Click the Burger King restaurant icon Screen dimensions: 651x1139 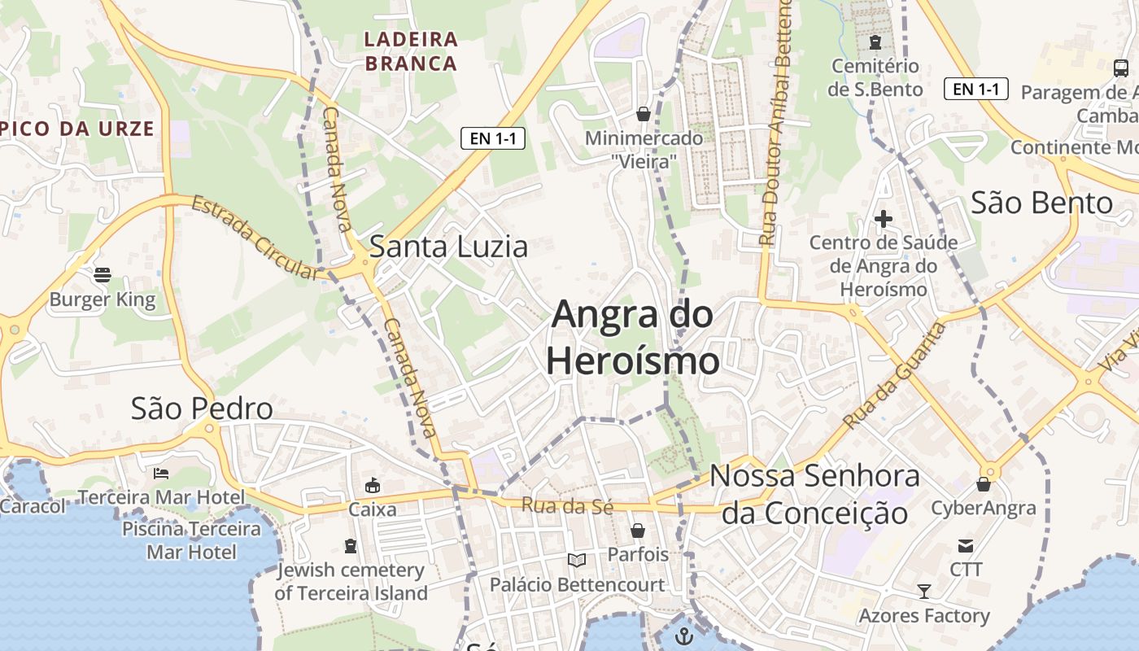coord(102,275)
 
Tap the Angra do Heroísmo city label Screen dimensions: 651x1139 coord(633,338)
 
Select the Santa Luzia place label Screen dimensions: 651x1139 coord(448,247)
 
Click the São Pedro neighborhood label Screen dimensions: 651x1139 coord(202,409)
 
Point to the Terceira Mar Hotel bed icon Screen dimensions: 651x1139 coord(161,473)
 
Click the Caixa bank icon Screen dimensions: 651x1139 coord(372,486)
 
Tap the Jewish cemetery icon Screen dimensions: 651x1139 coord(351,545)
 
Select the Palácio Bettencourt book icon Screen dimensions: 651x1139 coord(577,560)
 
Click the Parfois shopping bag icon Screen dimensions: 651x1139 coord(638,531)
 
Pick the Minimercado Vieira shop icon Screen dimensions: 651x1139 coord(644,114)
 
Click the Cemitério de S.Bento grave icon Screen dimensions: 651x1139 coord(875,42)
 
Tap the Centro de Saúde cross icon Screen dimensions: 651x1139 coord(884,218)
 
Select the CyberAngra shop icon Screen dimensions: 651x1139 coord(984,485)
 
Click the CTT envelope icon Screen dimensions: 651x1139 coord(966,545)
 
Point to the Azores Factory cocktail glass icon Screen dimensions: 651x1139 coord(924,591)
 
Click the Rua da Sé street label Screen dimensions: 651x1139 coord(567,505)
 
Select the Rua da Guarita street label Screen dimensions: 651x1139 coord(896,376)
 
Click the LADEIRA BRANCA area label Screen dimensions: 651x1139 coord(411,50)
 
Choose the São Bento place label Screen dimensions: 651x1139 coord(1042,203)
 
